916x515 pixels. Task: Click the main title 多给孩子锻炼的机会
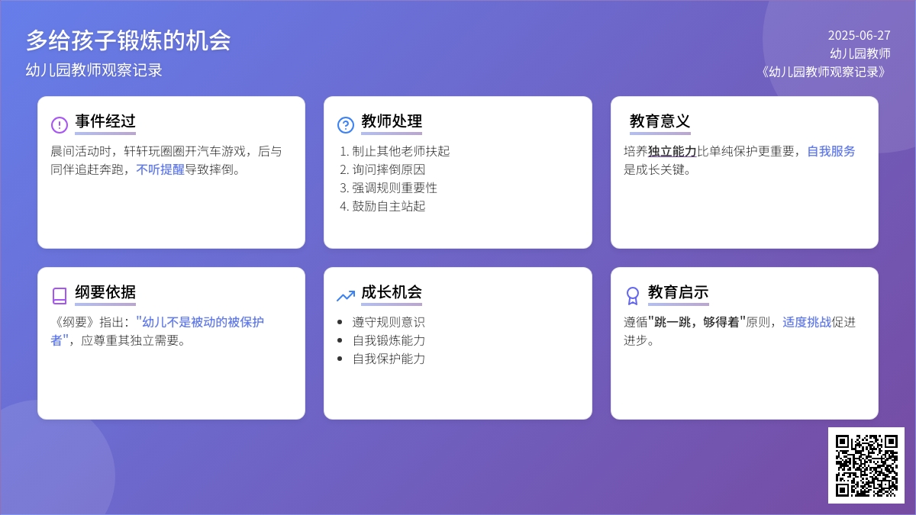coord(128,40)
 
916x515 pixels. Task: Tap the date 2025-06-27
coord(860,36)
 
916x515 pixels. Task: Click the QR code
coord(866,465)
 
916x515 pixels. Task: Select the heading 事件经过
coord(105,121)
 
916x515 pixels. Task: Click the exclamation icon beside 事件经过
coord(60,124)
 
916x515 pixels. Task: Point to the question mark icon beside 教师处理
coord(346,124)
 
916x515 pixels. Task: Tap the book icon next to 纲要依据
coord(60,296)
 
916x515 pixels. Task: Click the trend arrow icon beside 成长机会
coord(346,295)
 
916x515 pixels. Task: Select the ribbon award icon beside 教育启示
coord(632,296)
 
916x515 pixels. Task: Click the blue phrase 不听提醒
coord(160,169)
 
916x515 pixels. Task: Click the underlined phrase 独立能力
coord(672,151)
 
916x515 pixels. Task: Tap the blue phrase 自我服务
coord(831,151)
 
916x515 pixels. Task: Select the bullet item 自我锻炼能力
coord(389,340)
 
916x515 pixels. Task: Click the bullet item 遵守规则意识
coord(389,322)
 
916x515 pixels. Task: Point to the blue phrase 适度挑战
coord(807,322)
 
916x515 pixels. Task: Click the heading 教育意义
coord(660,121)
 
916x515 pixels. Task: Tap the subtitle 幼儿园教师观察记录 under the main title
coord(94,70)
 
